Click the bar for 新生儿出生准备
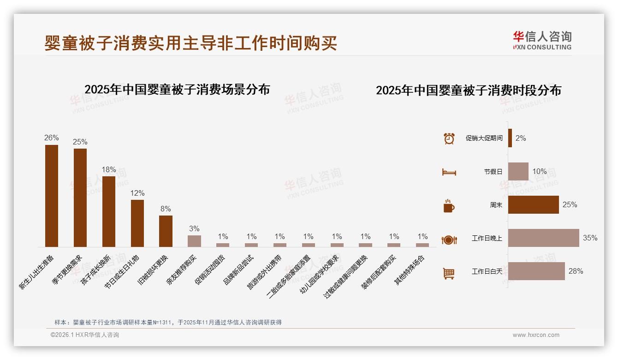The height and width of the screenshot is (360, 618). [52, 196]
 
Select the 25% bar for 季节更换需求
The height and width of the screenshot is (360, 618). [80, 198]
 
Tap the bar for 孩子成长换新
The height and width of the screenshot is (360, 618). [109, 211]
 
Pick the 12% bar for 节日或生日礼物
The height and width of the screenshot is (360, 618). [137, 223]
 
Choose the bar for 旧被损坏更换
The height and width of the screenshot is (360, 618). [166, 231]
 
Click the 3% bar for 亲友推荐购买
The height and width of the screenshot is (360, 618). [194, 241]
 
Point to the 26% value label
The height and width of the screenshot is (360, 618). [52, 138]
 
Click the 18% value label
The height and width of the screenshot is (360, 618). [109, 169]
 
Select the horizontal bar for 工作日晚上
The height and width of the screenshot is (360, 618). [543, 238]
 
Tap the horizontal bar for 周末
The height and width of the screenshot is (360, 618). [533, 205]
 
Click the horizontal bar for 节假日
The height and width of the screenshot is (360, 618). [518, 171]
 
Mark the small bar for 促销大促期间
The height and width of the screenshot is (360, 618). [510, 138]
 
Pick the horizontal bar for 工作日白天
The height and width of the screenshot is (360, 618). [536, 271]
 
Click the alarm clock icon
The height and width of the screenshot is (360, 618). [449, 138]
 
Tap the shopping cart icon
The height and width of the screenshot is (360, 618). [449, 273]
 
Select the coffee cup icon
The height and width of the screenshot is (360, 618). [449, 206]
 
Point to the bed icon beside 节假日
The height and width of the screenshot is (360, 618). [449, 172]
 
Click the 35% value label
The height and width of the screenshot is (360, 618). [590, 238]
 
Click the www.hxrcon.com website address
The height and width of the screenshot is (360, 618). [536, 335]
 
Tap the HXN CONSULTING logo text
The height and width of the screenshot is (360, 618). [542, 47]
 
